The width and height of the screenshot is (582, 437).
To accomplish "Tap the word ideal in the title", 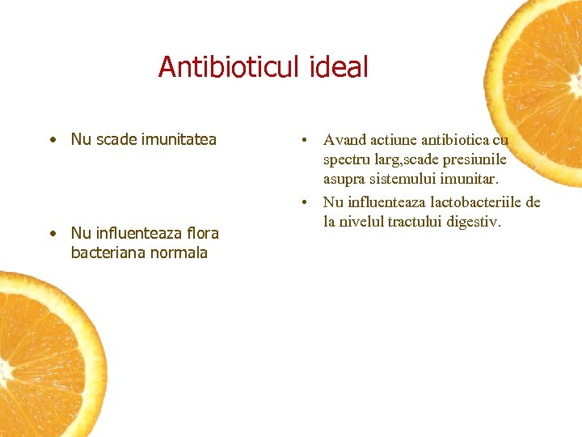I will point(338,66).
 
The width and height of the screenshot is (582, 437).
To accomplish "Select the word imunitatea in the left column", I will point(179,139).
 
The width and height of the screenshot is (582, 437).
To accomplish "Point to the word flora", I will point(201,233).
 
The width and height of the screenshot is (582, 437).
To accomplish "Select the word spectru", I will point(349,159).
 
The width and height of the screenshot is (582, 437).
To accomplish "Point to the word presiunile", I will point(473,159).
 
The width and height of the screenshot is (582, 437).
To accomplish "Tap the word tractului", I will point(420,221).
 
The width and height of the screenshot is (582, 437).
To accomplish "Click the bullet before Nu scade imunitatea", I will point(51,140).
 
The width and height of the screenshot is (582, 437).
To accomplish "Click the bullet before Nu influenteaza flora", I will point(51,234).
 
